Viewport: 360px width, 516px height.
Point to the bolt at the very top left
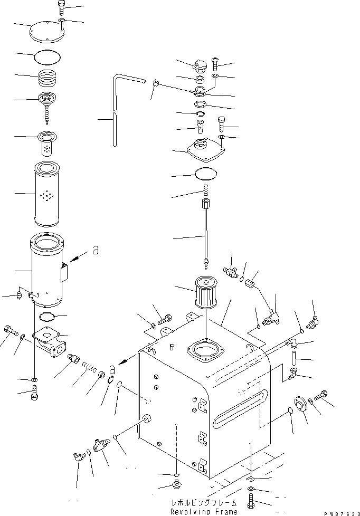pos(61,7)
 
